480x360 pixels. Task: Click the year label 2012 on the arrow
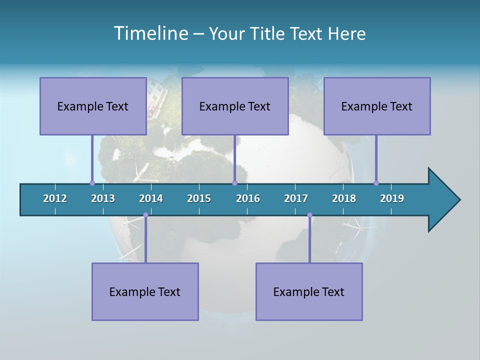(55, 198)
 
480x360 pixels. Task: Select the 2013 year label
(103, 198)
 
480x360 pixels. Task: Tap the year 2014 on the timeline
(151, 198)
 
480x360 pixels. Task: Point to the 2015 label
(199, 198)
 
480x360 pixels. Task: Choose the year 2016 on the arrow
(248, 198)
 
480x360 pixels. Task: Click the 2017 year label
(296, 198)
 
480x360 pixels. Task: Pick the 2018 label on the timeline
(344, 198)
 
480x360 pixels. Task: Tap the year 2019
(392, 198)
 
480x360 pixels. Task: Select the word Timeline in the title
(150, 33)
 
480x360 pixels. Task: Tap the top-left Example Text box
(93, 106)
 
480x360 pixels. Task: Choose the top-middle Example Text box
(235, 106)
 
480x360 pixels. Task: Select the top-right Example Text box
(377, 106)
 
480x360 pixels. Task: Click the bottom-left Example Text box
(145, 291)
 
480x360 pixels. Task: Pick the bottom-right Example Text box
(309, 291)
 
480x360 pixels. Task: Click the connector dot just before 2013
(92, 183)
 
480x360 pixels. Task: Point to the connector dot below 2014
(145, 215)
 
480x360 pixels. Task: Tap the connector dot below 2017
(309, 215)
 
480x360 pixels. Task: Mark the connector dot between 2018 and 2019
(376, 183)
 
